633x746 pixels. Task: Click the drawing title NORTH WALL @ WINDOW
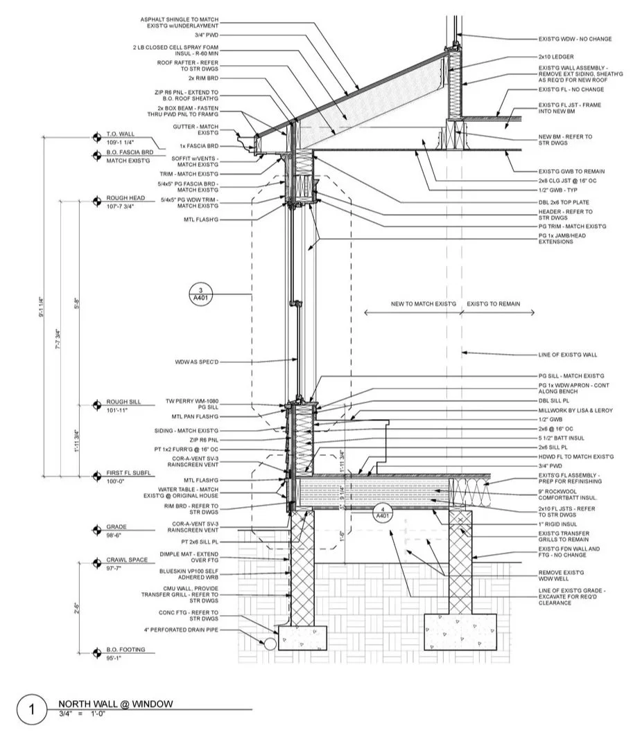[115, 704]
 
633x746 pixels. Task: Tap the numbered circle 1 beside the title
[31, 711]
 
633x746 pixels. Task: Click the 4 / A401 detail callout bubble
[382, 513]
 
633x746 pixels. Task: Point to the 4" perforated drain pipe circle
[269, 643]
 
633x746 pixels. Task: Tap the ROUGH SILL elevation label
[123, 402]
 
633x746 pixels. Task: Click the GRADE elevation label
[116, 527]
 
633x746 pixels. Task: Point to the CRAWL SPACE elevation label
[127, 560]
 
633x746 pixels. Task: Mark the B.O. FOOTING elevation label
[125, 649]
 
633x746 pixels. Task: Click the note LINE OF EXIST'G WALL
[567, 355]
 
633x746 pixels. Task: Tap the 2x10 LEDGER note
[556, 56]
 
